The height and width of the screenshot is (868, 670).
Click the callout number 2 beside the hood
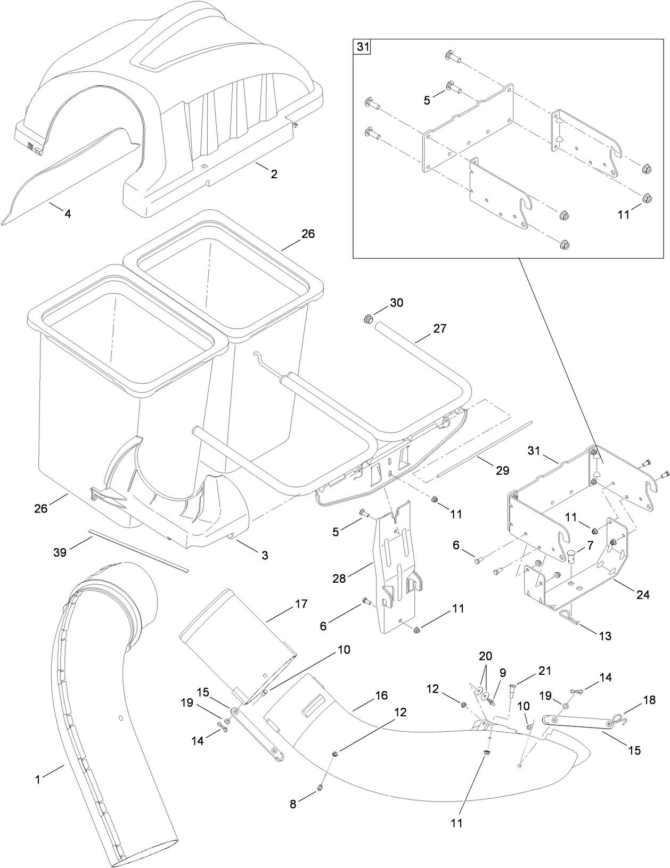[x=274, y=174]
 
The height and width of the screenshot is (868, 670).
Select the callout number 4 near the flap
[x=68, y=214]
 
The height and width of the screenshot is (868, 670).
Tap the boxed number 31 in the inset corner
[x=362, y=47]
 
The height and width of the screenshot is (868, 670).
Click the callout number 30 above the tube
[x=396, y=303]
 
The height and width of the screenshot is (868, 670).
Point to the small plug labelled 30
[x=366, y=319]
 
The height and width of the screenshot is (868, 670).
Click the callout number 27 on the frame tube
[x=439, y=328]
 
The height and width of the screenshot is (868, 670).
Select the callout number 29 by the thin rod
[x=502, y=470]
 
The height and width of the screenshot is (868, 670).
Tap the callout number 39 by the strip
[x=60, y=552]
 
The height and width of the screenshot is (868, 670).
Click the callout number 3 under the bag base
[x=264, y=555]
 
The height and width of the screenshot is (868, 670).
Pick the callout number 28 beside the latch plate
[x=339, y=578]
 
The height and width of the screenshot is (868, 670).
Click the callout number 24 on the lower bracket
[x=643, y=595]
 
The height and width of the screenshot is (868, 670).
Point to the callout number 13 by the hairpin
[x=604, y=635]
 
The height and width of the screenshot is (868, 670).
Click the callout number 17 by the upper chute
[x=301, y=605]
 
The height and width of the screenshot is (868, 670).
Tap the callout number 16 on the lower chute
[x=381, y=696]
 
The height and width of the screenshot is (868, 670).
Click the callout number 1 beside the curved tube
[x=38, y=780]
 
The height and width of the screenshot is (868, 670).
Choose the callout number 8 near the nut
[x=293, y=805]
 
